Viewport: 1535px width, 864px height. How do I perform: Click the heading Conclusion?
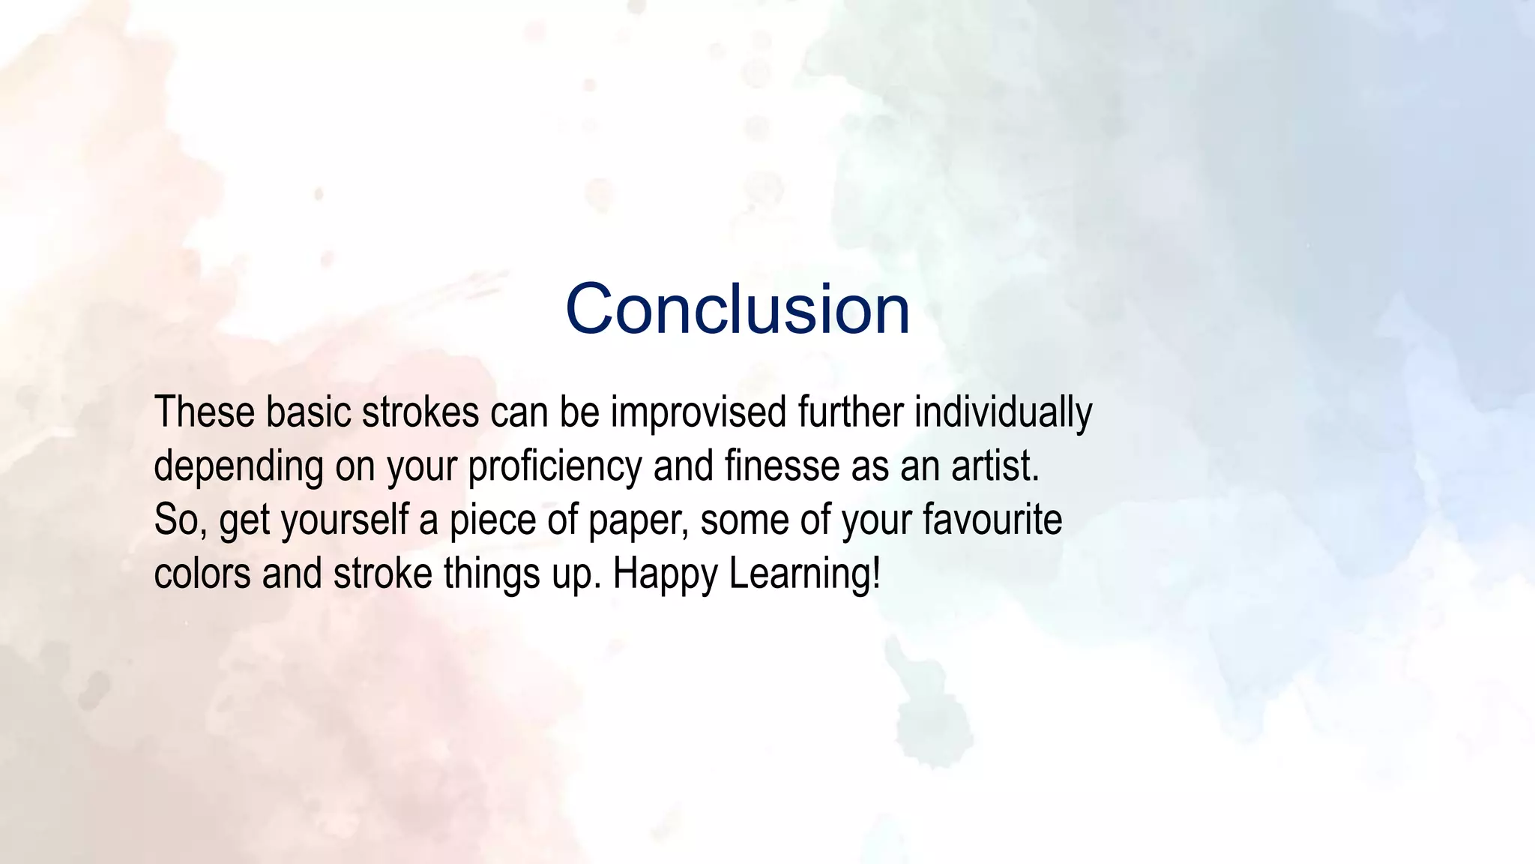738,309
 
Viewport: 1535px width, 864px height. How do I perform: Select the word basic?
308,412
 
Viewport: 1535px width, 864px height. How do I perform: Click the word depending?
238,467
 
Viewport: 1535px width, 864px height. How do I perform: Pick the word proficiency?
555,467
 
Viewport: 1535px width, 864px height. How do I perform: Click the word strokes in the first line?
420,412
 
